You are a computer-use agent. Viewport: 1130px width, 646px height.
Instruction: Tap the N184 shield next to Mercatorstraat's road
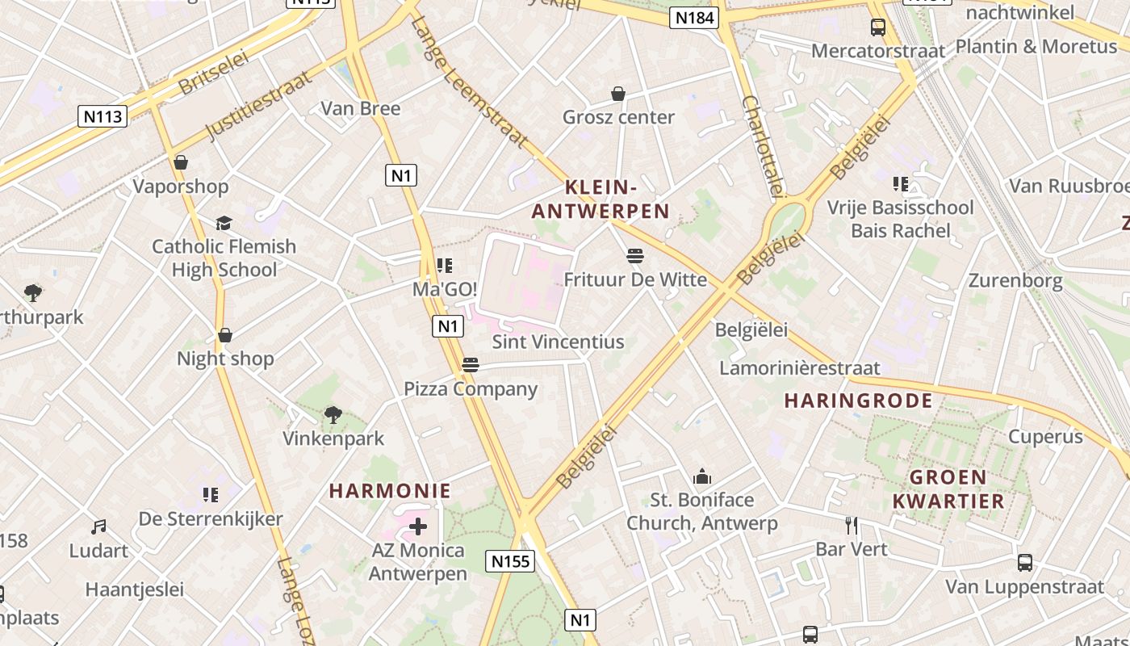[693, 18]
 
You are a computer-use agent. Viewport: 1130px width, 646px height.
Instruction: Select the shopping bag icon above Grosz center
[618, 94]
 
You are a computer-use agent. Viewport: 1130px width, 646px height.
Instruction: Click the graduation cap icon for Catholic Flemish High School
[224, 223]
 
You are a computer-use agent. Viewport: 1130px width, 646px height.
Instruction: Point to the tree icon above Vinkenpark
[333, 415]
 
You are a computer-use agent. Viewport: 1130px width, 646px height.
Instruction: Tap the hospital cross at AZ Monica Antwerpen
[418, 527]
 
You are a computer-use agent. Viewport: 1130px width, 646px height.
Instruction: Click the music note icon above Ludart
[98, 527]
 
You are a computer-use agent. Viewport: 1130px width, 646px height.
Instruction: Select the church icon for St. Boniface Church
[702, 476]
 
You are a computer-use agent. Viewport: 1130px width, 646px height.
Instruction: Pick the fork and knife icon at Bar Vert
[852, 526]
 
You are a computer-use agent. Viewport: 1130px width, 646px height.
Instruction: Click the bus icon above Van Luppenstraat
[1024, 563]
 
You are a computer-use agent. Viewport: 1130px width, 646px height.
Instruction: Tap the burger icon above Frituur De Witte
[635, 257]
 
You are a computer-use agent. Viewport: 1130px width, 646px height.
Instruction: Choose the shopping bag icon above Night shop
[225, 335]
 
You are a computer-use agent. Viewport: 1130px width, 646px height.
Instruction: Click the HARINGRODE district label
[859, 401]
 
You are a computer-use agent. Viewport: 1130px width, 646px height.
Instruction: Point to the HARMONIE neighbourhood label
[390, 491]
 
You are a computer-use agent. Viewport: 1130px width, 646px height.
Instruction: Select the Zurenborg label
[1015, 281]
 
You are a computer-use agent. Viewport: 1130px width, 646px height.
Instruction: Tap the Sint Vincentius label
[558, 342]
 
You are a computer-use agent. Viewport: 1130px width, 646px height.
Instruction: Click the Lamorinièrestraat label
[799, 368]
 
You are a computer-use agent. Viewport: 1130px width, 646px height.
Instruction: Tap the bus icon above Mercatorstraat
[877, 27]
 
